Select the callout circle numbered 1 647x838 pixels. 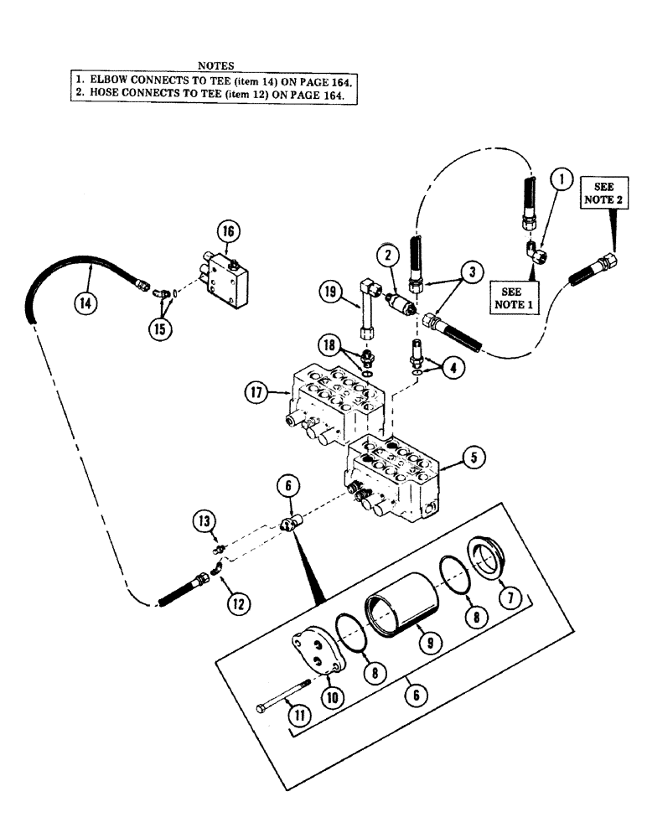click(x=562, y=178)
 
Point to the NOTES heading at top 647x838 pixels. click(x=215, y=65)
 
